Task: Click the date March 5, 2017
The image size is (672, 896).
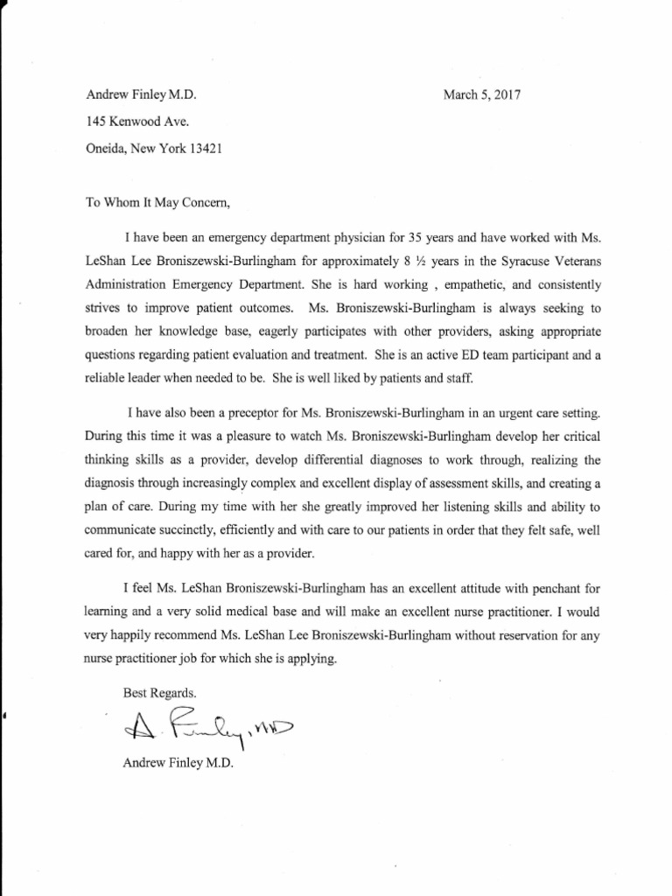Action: coord(481,94)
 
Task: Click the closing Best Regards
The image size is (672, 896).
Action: coord(155,691)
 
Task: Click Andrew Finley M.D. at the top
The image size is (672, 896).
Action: coord(146,94)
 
